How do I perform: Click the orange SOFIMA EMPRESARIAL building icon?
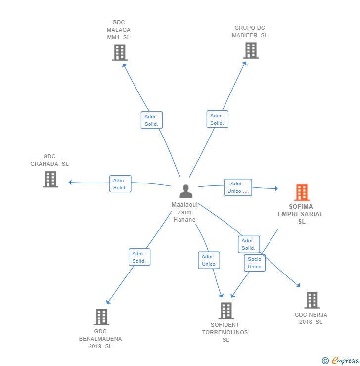[x=302, y=192]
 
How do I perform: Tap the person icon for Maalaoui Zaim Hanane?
[x=186, y=191]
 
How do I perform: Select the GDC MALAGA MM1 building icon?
[x=120, y=53]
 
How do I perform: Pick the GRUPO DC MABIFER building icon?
[x=251, y=50]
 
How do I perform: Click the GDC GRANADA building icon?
[x=50, y=179]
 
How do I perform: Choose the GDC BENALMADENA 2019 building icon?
[x=101, y=317]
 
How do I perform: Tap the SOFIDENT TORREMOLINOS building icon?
[x=226, y=311]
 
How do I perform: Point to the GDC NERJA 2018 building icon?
[x=312, y=300]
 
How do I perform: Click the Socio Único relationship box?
[x=255, y=263]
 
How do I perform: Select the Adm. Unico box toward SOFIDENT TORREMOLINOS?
[x=209, y=260]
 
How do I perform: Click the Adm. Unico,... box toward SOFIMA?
[x=238, y=187]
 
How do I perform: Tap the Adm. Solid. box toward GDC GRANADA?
[x=120, y=184]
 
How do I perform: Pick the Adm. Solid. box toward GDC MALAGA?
[x=152, y=120]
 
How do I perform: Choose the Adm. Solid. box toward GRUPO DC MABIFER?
[x=217, y=119]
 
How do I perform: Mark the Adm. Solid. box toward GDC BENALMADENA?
[x=139, y=257]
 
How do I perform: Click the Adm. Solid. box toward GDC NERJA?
[x=249, y=244]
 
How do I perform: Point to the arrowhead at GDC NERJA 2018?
[x=298, y=285]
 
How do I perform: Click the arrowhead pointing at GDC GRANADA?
[x=70, y=183]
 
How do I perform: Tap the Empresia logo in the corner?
[x=340, y=361]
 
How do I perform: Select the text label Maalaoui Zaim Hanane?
[x=184, y=212]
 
